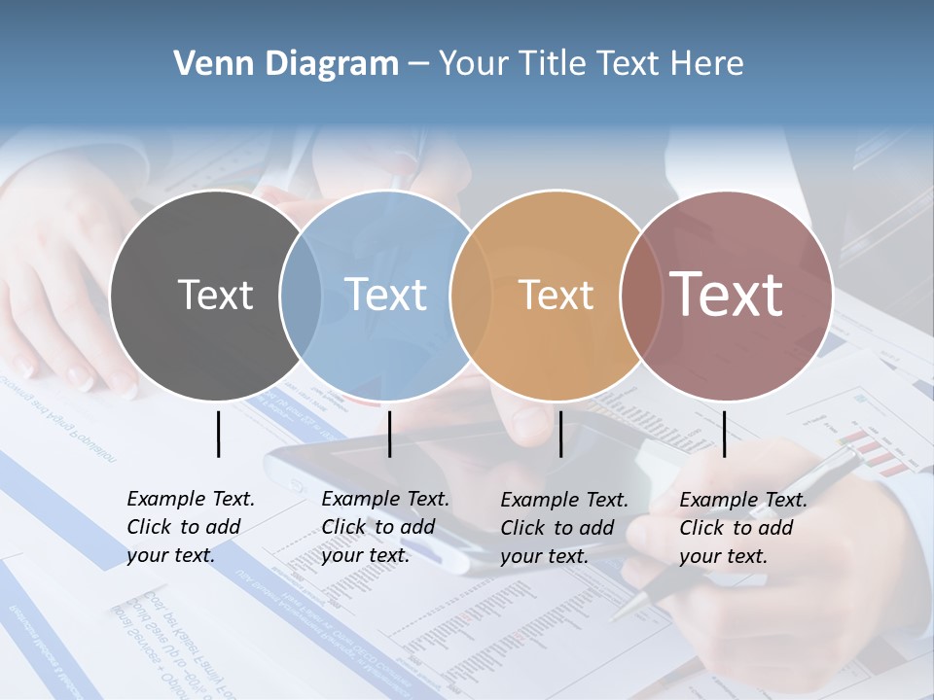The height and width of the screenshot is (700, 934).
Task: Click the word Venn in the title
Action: point(204,64)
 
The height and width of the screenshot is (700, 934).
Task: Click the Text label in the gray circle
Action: point(215,295)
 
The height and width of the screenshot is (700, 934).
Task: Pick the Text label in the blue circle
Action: point(385,295)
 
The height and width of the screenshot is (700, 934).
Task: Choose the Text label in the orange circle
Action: point(556,295)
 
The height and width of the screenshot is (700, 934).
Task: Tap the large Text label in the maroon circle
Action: point(727,295)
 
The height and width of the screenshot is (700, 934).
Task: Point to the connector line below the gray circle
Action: point(218,434)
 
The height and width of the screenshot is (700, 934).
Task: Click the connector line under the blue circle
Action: point(389,434)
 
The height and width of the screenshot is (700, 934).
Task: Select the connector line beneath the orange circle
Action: point(560,434)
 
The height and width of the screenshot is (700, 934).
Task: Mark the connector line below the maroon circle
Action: point(724,434)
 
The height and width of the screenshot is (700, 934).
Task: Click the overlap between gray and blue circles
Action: point(301,296)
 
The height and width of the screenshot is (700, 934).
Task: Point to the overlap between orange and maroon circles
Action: point(636,296)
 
